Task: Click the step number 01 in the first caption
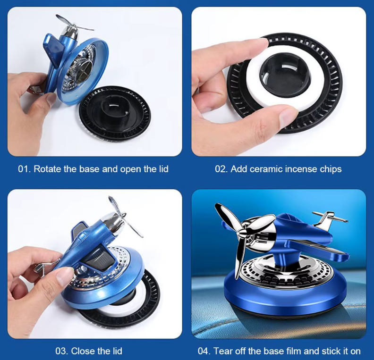pos(24,169)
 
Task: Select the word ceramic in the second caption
pos(266,169)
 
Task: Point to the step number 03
pos(60,351)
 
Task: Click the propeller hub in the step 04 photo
pos(243,231)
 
